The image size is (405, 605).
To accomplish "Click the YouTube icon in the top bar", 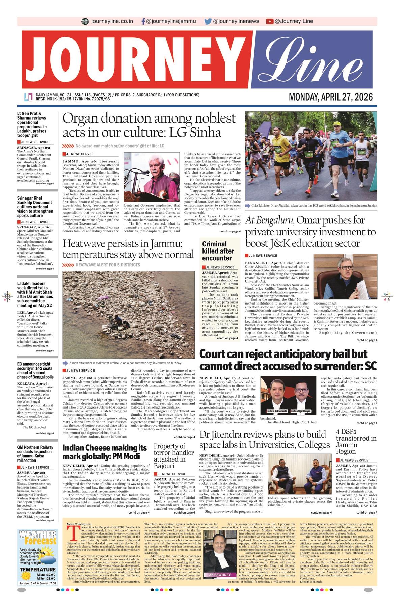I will [269, 21].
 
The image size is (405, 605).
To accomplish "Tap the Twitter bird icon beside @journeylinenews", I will [208, 21].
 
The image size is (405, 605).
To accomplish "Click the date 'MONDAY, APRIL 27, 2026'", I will [331, 97].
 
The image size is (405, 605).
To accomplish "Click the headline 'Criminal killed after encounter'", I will [218, 251].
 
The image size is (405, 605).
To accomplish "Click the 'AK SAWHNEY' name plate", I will [220, 575].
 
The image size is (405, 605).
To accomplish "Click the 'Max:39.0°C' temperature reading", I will [46, 575].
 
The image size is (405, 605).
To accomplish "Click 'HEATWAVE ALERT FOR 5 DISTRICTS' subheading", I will [108, 265].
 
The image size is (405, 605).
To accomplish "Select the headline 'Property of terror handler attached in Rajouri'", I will [174, 456].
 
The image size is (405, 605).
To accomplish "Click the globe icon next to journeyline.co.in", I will [85, 21].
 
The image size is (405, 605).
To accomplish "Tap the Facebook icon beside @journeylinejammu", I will [143, 21].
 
